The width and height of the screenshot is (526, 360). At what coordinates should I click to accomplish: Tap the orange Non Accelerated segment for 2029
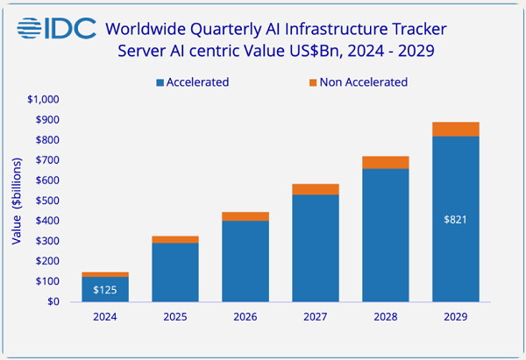[x=456, y=130]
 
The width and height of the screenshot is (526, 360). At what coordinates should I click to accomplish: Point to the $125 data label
[x=106, y=289]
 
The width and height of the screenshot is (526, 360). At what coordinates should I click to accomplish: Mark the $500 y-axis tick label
[x=46, y=201]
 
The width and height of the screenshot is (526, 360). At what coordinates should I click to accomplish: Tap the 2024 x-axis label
[x=106, y=318]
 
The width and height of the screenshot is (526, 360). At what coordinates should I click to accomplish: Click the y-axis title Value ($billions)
[x=16, y=200]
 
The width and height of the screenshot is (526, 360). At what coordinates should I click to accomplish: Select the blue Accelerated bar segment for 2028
[x=386, y=235]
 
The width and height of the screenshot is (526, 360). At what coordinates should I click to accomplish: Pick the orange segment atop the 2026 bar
[x=245, y=216]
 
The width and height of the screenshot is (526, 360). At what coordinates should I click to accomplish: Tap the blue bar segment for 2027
[x=316, y=248]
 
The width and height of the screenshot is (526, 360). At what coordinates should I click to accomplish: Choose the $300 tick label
[x=46, y=241]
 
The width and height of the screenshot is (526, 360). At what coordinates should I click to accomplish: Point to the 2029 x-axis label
[x=456, y=318]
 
